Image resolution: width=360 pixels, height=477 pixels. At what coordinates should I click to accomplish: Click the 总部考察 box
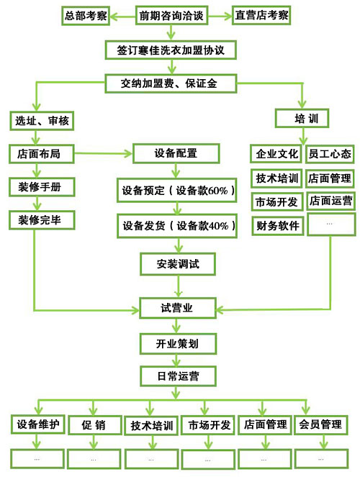tap(86, 16)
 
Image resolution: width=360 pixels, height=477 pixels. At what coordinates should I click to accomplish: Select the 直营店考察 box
tap(261, 15)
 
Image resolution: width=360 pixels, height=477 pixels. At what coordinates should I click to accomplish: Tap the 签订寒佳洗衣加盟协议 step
tap(171, 50)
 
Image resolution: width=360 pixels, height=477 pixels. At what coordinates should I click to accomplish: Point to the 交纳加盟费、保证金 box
tap(171, 83)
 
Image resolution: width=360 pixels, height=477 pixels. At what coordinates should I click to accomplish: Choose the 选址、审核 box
tap(42, 121)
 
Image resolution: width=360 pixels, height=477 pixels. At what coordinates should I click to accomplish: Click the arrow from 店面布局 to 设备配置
tap(104, 153)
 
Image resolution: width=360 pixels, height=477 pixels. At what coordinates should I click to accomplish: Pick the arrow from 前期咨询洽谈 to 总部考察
tap(122, 16)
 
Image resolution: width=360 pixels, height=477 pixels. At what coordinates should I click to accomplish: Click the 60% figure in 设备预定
tap(218, 191)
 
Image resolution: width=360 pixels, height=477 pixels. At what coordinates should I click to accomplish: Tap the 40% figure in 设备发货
tap(218, 226)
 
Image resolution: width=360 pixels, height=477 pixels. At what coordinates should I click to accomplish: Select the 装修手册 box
tap(42, 187)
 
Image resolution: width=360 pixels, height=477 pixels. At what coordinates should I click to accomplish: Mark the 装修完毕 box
tap(42, 220)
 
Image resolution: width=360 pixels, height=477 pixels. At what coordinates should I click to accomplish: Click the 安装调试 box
tap(178, 264)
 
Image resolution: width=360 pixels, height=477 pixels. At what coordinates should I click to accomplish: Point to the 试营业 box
tap(178, 308)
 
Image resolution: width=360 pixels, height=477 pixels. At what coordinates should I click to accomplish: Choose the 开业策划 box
tap(178, 344)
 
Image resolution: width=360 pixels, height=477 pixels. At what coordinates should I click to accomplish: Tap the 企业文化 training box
tap(276, 154)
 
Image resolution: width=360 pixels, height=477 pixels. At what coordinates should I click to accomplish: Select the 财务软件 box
tap(277, 226)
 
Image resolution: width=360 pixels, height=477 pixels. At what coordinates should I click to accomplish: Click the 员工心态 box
tap(330, 154)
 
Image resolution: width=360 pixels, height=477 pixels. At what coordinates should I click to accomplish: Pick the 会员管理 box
tap(320, 424)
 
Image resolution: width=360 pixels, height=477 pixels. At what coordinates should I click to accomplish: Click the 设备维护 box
tap(38, 424)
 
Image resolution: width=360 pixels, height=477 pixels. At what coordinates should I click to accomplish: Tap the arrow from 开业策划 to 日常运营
tap(176, 360)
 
